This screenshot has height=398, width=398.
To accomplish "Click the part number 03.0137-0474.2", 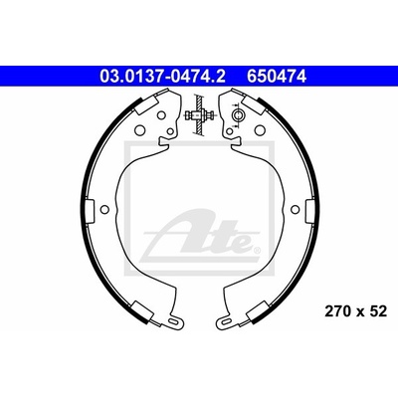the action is coord(162,77).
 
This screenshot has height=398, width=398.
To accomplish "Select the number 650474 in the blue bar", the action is coord(276,77).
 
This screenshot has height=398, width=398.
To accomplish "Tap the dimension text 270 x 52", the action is coord(355,311).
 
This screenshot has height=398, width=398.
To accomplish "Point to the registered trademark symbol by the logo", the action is coord(257,250).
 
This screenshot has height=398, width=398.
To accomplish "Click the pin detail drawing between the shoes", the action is coord(199,114).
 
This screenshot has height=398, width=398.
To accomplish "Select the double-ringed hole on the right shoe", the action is coord(238,115).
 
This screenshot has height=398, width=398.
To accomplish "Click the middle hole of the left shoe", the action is coord(104,209).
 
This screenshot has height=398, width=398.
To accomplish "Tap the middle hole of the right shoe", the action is coord(295,209).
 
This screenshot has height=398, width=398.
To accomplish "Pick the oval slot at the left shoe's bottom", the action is coord(173,321).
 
